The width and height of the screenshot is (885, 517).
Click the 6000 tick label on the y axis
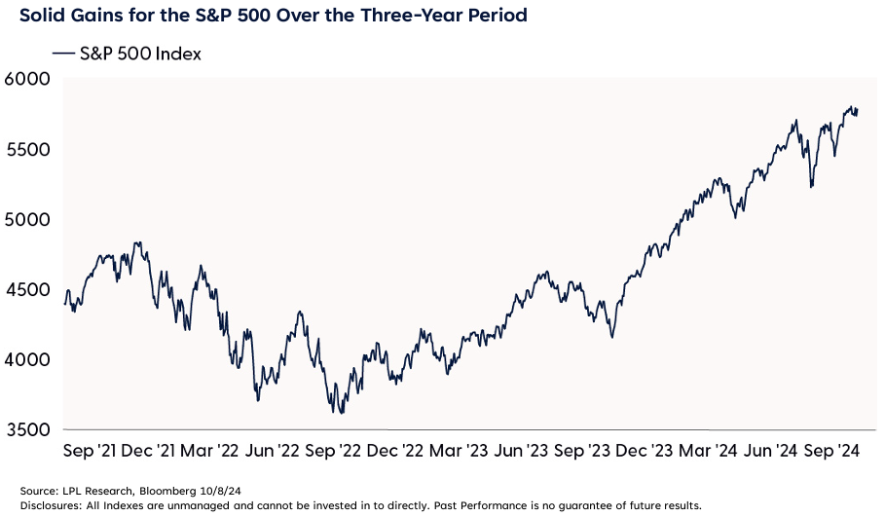point(28,80)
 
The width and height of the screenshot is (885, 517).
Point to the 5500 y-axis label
point(28,150)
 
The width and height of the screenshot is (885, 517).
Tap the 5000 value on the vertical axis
point(28,220)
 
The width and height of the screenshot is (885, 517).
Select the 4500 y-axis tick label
point(28,290)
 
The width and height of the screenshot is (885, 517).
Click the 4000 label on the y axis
point(28,360)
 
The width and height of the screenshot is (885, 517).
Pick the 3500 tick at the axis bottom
point(28,430)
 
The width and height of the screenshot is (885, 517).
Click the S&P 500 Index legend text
point(142,55)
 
